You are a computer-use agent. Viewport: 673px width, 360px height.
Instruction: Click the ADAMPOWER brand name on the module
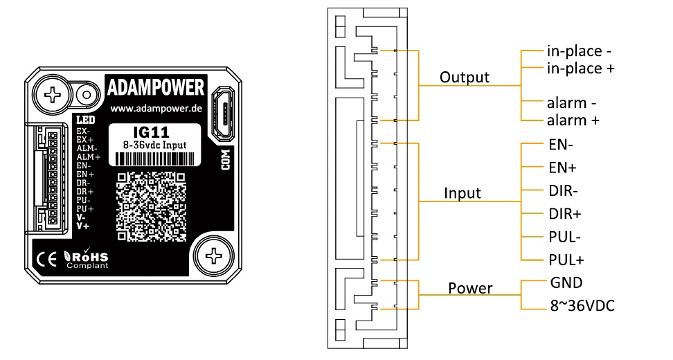coord(156,89)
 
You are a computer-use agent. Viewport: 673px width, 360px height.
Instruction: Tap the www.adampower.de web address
coord(156,110)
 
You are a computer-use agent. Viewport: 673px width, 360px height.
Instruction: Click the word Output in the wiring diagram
coord(464,77)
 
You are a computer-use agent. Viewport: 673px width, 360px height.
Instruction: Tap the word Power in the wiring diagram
coord(470,288)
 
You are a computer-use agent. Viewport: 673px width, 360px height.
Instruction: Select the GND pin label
coord(566,282)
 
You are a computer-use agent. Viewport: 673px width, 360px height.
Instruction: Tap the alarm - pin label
coord(572,103)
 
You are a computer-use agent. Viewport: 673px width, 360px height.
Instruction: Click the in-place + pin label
coord(581,68)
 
